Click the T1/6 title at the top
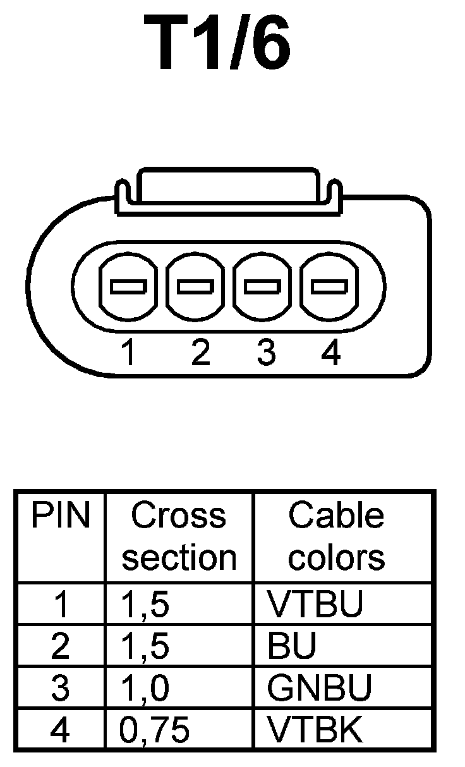click(218, 43)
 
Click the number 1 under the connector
click(128, 353)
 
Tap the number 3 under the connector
click(266, 353)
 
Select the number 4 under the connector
click(330, 353)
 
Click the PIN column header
click(61, 517)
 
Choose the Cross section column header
click(179, 537)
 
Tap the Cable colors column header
click(336, 537)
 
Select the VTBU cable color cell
click(315, 605)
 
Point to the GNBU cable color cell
click(319, 688)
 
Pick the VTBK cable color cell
click(315, 730)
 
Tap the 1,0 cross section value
click(145, 689)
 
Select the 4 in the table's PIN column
click(60, 730)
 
